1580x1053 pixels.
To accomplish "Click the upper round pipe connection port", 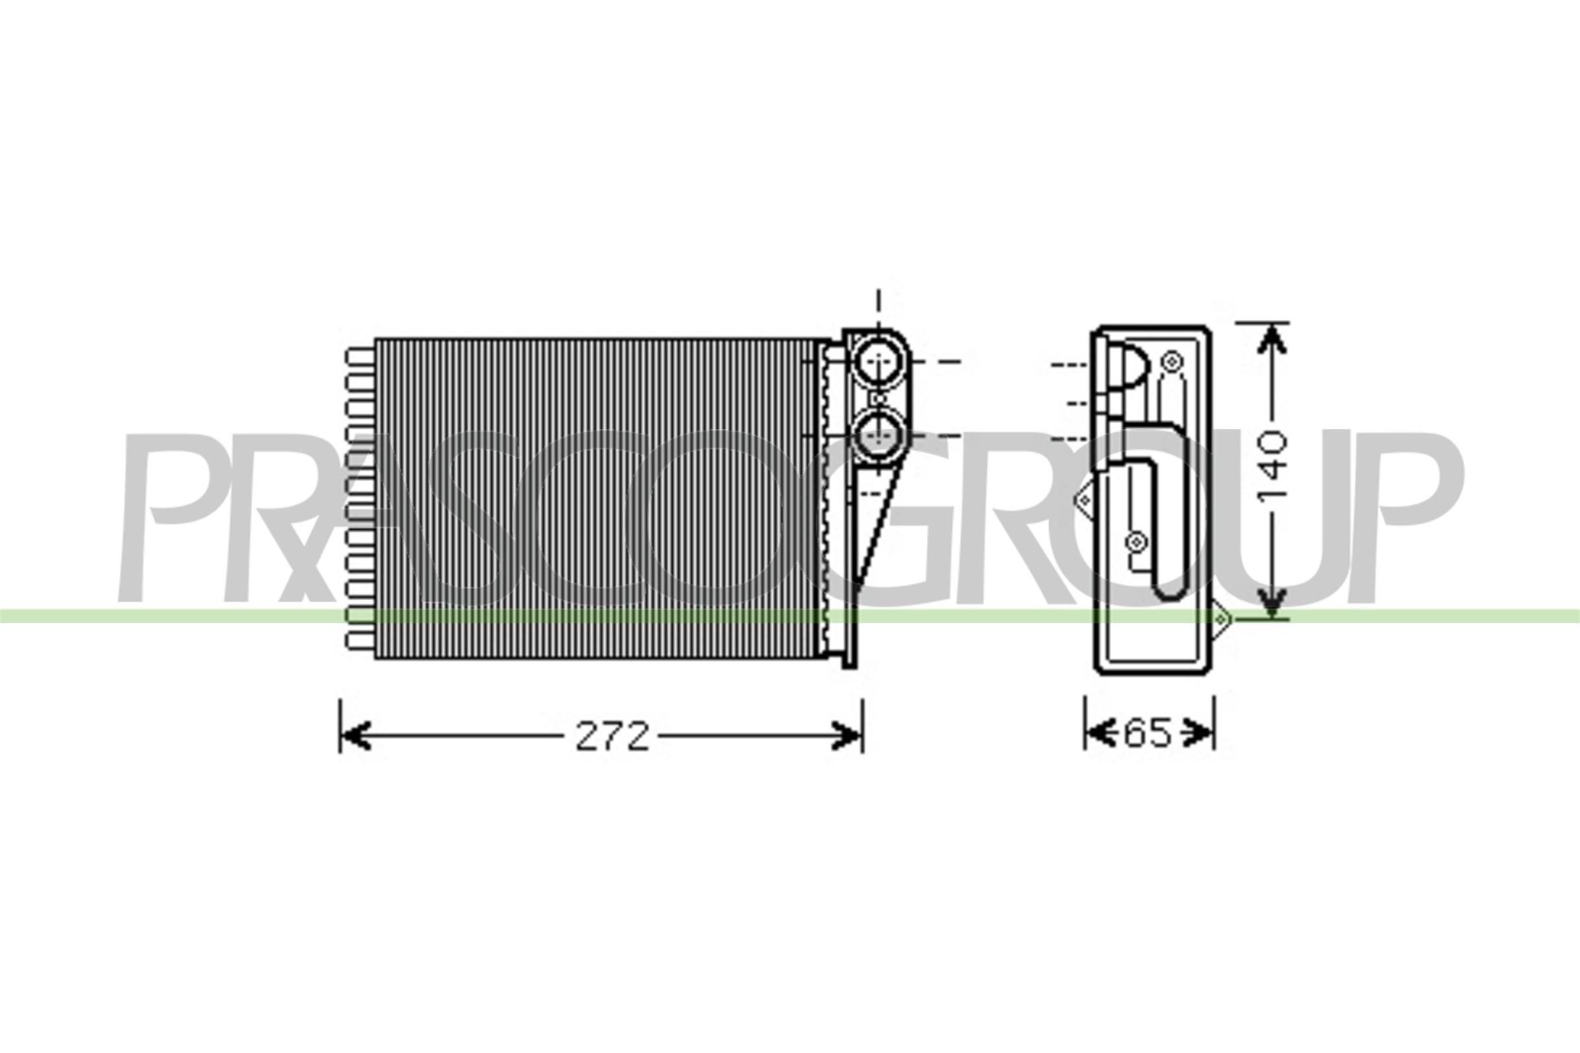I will (879, 362).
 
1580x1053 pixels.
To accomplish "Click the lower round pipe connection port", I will (879, 436).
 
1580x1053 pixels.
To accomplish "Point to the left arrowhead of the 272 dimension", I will (355, 736).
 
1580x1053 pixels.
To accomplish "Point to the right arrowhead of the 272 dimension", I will (847, 736).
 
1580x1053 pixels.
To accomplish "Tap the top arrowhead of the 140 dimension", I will (1271, 339).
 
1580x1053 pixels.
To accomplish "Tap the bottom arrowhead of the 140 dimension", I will (1271, 604).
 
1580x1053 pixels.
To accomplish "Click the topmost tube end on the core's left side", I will (361, 357).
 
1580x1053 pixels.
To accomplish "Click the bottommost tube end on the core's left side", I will (361, 640).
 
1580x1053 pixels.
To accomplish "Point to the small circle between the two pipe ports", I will (879, 399).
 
